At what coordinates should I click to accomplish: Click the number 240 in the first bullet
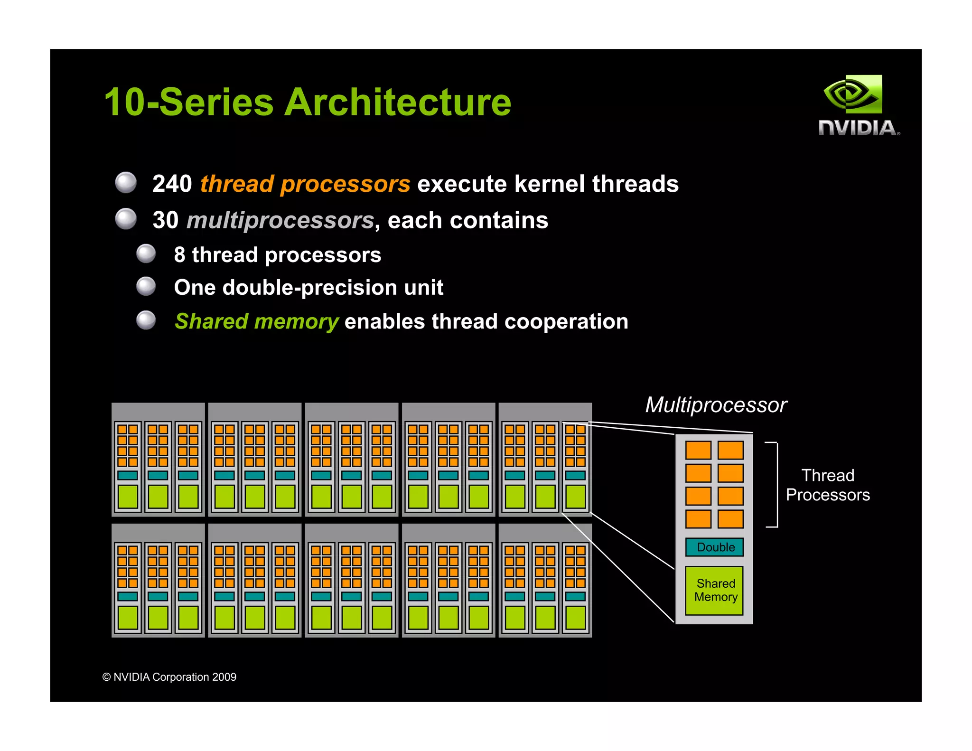tap(172, 184)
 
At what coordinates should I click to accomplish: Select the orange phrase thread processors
tap(305, 184)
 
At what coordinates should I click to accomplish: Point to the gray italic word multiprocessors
tap(280, 220)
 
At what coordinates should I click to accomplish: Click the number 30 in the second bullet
tap(166, 220)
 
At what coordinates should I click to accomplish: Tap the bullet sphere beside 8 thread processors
tap(146, 253)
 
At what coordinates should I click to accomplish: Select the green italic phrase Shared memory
tap(256, 321)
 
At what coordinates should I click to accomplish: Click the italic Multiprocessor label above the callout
tap(715, 405)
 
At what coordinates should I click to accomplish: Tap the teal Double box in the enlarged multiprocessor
tap(715, 547)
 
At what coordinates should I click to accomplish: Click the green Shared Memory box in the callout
tap(715, 590)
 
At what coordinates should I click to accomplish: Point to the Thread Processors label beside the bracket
tap(827, 485)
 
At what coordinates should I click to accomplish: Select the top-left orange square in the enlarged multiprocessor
tap(698, 450)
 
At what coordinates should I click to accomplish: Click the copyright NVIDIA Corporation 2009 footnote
tap(169, 677)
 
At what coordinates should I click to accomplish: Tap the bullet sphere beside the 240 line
tap(126, 182)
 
